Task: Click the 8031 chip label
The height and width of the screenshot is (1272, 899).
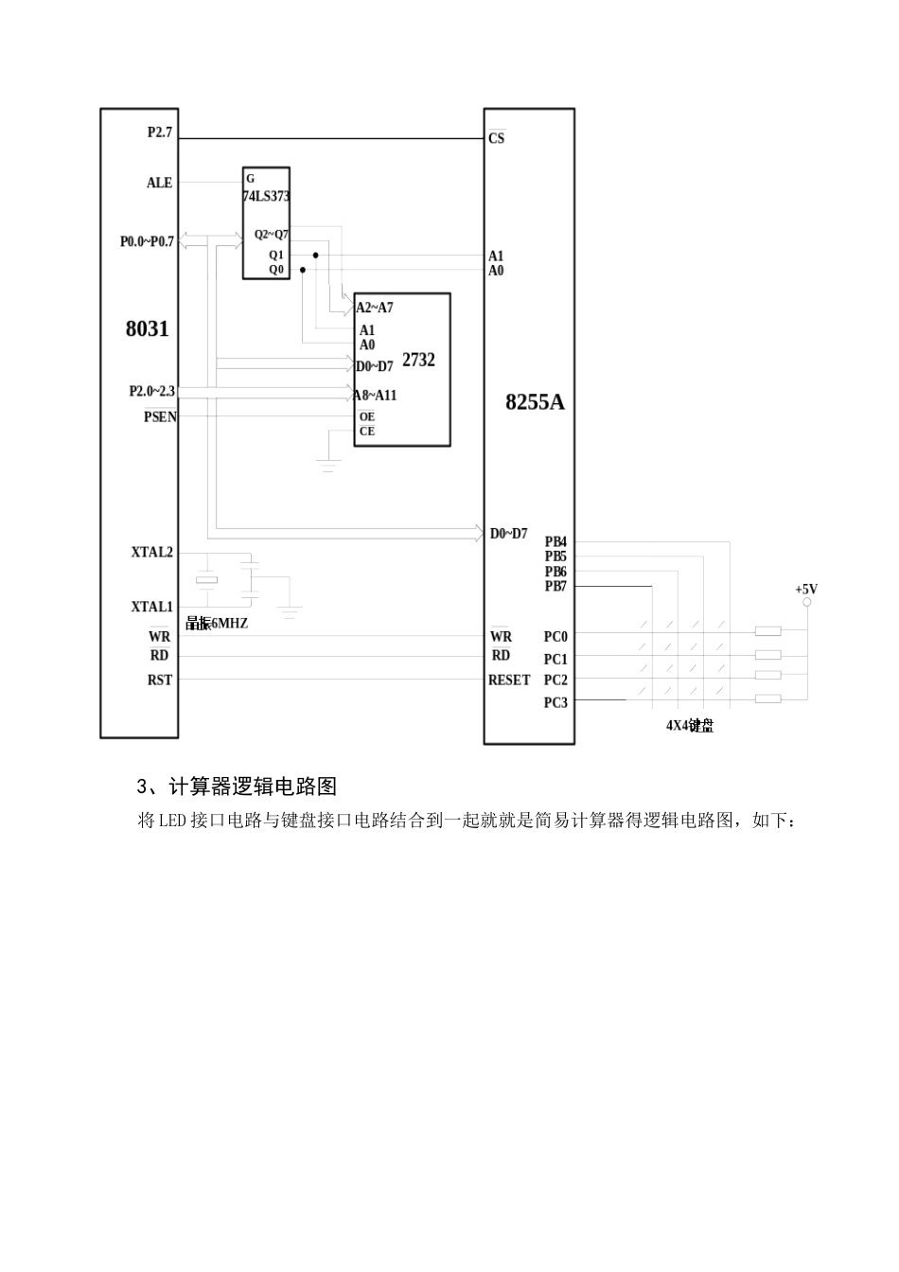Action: tap(147, 329)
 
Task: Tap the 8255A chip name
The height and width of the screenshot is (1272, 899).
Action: tap(535, 402)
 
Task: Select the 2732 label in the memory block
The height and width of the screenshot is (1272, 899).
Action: tap(418, 360)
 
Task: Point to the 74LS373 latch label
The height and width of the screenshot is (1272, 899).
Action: tap(267, 197)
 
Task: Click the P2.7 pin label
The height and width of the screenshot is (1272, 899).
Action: tap(160, 132)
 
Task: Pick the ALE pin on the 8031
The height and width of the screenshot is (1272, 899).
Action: tap(159, 183)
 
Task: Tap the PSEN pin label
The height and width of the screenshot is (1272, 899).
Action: tap(160, 416)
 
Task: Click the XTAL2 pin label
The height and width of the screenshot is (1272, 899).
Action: tap(152, 552)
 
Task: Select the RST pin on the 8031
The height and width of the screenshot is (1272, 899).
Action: tap(159, 680)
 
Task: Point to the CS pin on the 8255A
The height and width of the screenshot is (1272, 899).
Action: tap(497, 138)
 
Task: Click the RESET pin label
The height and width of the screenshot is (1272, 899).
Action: tap(509, 680)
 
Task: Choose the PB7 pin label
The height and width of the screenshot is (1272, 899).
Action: tap(555, 587)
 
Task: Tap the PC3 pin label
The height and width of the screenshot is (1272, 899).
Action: tap(555, 702)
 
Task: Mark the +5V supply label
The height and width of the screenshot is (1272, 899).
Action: tap(806, 589)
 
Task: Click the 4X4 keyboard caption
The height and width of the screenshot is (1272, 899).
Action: tap(689, 726)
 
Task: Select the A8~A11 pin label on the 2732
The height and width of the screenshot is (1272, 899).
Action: tap(376, 395)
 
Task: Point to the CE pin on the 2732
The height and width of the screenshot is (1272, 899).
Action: tap(366, 432)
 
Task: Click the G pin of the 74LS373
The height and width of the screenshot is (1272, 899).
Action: tap(250, 178)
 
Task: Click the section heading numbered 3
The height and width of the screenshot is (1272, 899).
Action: tap(237, 786)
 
